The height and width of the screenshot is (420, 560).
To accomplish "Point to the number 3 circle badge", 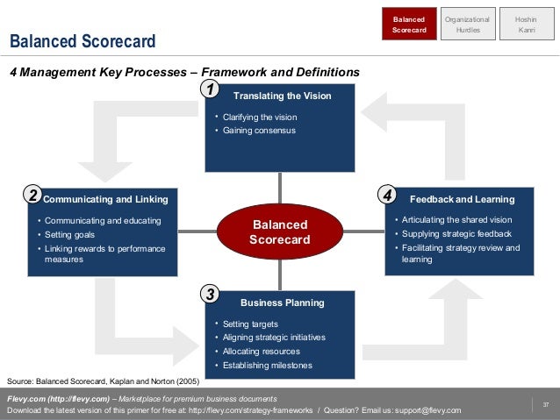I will click(x=209, y=295).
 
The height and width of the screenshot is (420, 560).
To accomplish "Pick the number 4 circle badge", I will click(x=388, y=194).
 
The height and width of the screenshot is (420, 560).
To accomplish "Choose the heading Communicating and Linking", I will click(x=105, y=199).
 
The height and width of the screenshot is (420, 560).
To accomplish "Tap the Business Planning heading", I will click(x=283, y=303).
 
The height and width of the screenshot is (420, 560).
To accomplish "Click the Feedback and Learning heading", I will click(x=462, y=199).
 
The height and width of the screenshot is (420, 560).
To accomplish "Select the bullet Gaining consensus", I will click(x=259, y=131).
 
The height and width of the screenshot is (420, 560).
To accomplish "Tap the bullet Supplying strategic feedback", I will click(x=456, y=234).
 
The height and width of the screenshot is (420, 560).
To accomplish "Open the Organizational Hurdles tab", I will click(x=468, y=24).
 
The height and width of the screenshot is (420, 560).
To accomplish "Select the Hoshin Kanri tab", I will click(x=526, y=24).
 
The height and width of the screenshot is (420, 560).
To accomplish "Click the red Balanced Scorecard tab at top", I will click(x=409, y=24).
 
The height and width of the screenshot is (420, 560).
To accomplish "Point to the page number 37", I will click(x=545, y=404).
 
